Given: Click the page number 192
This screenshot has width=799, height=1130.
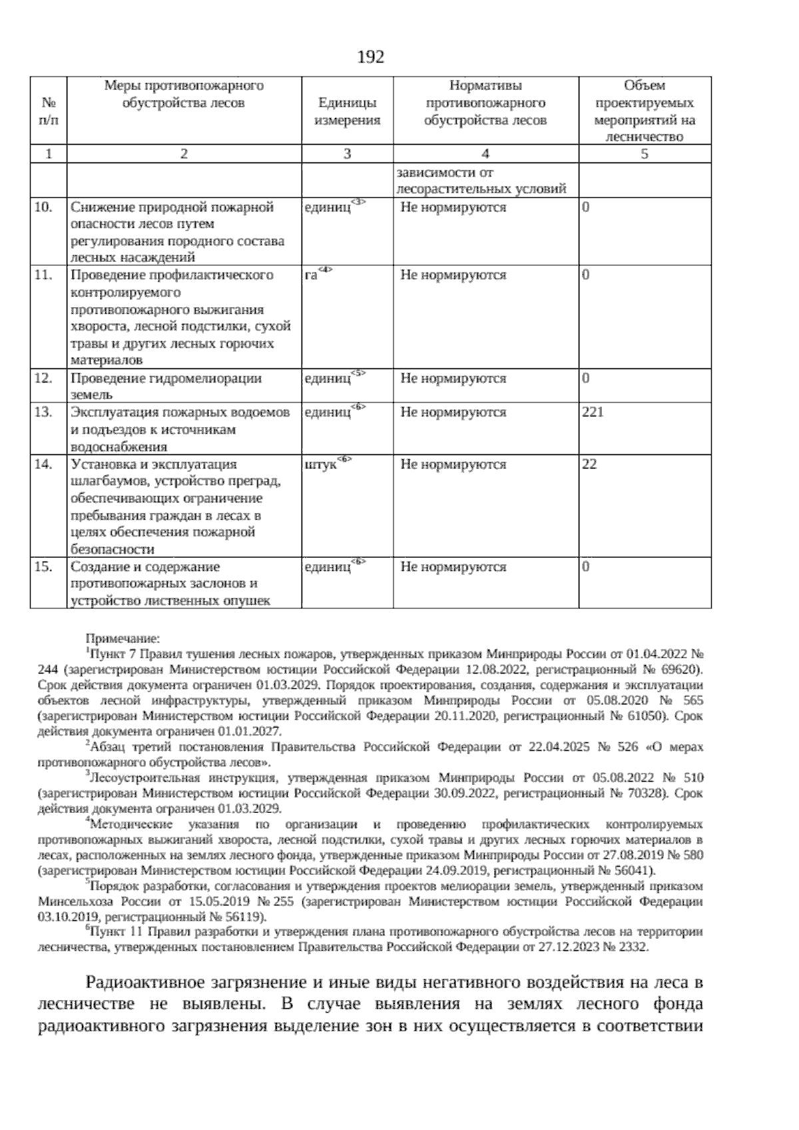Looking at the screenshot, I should point(371,57).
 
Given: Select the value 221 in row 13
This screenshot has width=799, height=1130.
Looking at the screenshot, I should point(593,412).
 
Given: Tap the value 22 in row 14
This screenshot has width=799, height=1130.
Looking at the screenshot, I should point(589,464).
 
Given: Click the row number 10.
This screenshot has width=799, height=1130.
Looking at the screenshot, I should point(43,207).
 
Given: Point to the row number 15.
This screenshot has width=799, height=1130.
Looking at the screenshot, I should point(43,567).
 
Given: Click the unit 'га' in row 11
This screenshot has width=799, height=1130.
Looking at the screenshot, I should point(311,275).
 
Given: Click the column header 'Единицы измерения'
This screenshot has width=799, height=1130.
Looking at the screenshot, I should point(347,111).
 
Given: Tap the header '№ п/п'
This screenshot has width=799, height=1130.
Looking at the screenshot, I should point(49,111).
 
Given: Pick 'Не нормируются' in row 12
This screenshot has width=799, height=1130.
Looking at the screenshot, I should point(453,378).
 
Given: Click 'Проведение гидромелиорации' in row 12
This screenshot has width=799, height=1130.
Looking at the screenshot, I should point(166,378).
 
